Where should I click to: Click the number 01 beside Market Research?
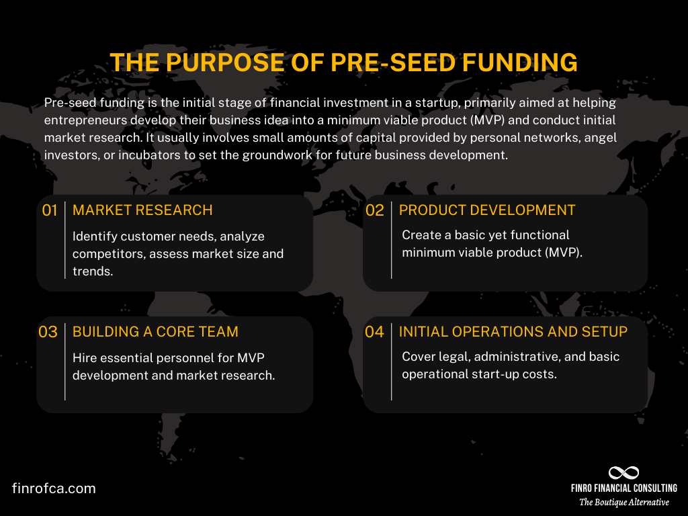(50, 210)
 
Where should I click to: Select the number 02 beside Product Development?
(374, 210)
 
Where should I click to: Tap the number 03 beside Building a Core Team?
(48, 332)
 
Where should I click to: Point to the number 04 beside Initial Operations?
(374, 332)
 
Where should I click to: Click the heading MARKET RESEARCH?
(142, 210)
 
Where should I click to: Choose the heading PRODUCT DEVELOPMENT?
(487, 210)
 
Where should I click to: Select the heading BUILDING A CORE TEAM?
(155, 332)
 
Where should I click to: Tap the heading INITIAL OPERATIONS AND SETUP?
(513, 332)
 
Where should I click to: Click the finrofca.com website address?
(54, 488)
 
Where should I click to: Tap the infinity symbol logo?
(623, 472)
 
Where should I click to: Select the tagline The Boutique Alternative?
(624, 502)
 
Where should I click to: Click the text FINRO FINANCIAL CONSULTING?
(624, 488)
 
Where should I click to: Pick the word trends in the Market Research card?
(92, 271)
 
